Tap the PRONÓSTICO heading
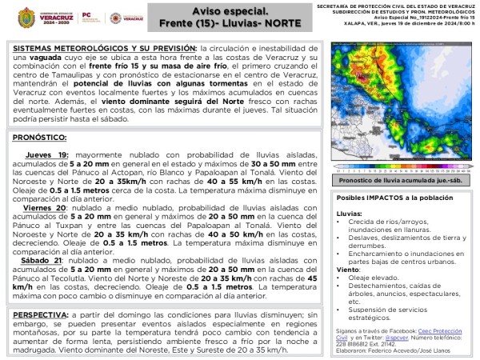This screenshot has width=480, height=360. point(39,138)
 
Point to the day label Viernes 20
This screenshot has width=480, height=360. point(44,207)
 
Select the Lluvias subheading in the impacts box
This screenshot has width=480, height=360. point(349,214)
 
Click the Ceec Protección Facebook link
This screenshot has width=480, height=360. point(445,330)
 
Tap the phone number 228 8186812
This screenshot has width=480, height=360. point(353,343)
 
